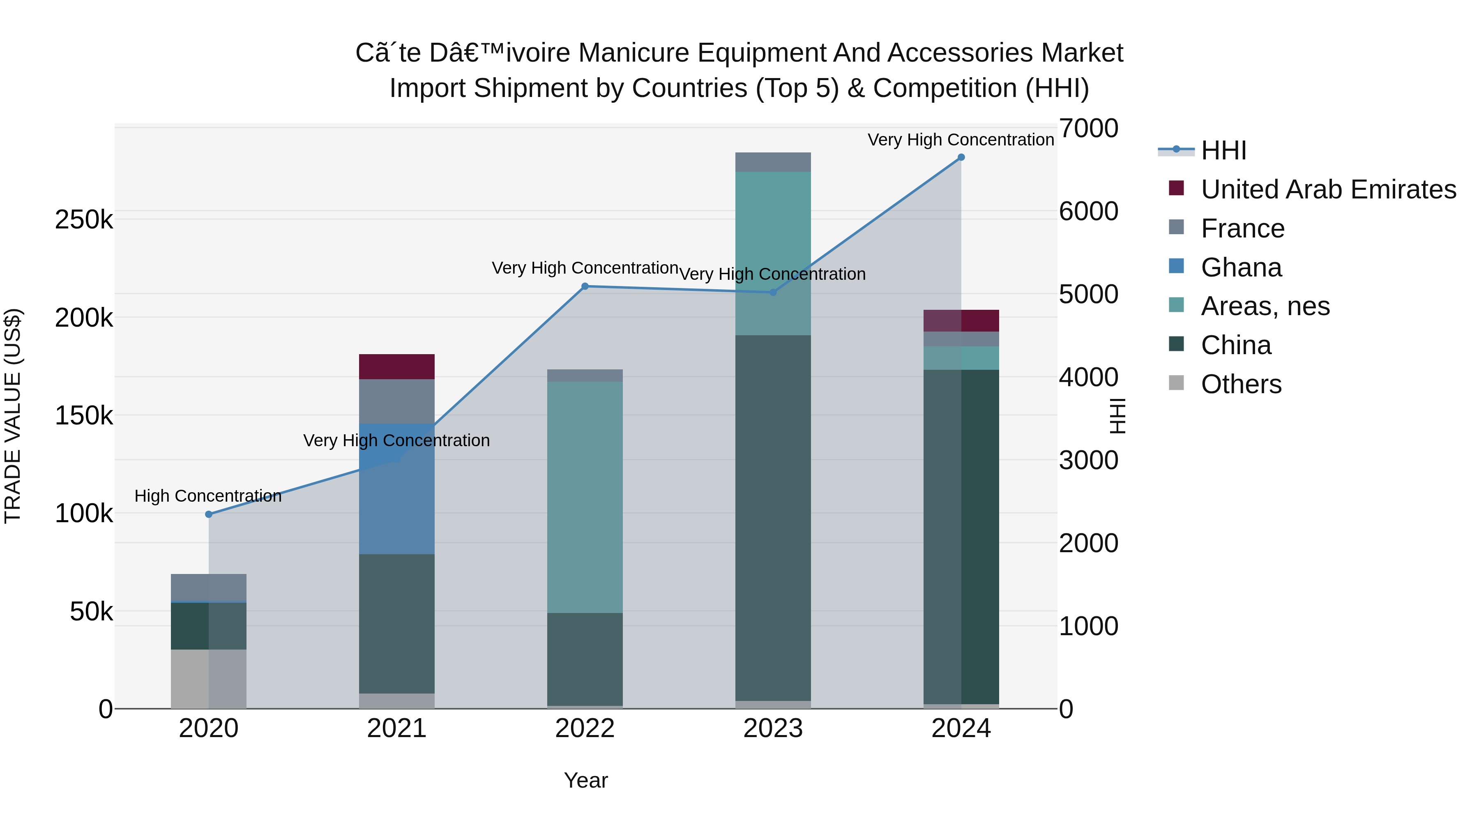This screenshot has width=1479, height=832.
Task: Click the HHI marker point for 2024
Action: pyautogui.click(x=961, y=157)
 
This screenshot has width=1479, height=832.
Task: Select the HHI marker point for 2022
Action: pyautogui.click(x=585, y=286)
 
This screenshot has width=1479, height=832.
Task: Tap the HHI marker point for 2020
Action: pyautogui.click(x=208, y=514)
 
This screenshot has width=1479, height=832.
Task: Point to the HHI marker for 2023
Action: pyautogui.click(x=773, y=292)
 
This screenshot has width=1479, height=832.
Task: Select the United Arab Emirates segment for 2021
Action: pyautogui.click(x=397, y=366)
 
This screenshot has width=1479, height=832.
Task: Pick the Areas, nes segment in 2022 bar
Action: pyautogui.click(x=585, y=497)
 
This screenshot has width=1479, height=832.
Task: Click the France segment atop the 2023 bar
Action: pyautogui.click(x=773, y=162)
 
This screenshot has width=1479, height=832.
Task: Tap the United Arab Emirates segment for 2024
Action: pyautogui.click(x=961, y=320)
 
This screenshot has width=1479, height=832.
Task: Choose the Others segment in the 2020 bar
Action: pyautogui.click(x=208, y=679)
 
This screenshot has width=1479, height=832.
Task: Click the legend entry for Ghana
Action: pyautogui.click(x=1241, y=267)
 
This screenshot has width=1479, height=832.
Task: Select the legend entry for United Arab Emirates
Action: pyautogui.click(x=1328, y=189)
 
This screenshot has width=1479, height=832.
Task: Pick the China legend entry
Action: pyautogui.click(x=1235, y=346)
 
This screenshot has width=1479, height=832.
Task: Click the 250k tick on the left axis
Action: pyautogui.click(x=84, y=219)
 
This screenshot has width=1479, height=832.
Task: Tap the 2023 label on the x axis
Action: pyautogui.click(x=773, y=728)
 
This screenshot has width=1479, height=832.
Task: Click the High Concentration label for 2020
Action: pyautogui.click(x=208, y=496)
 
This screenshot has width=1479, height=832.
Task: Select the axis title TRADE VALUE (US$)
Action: pyautogui.click(x=13, y=416)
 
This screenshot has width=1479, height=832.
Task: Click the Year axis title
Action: pyautogui.click(x=585, y=780)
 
